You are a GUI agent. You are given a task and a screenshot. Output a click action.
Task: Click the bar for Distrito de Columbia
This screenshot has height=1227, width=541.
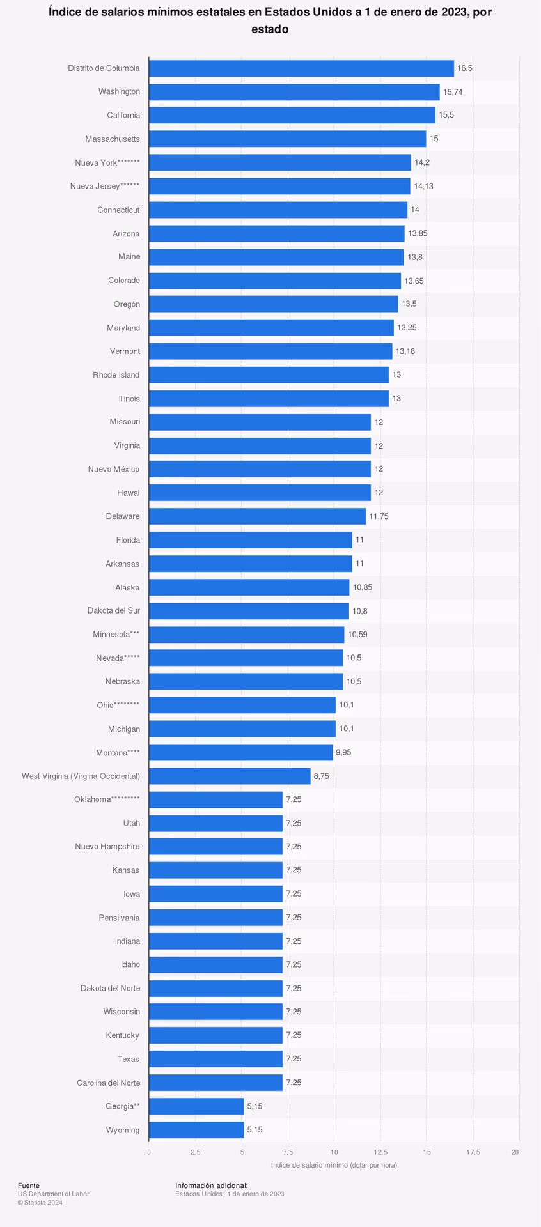[301, 68]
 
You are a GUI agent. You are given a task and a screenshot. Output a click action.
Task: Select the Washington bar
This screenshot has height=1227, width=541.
[294, 92]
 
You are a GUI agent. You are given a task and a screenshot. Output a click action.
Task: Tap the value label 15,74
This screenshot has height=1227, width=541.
[453, 92]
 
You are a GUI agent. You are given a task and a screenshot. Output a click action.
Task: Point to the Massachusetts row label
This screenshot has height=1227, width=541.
[113, 139]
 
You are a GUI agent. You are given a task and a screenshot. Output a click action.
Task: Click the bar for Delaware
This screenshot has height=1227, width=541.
[257, 516]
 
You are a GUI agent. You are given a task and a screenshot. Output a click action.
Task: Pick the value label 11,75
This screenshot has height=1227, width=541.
[379, 516]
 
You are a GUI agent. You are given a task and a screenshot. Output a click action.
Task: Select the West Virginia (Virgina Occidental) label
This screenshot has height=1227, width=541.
[81, 776]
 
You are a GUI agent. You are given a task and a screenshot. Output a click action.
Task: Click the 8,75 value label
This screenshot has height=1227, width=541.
[321, 776]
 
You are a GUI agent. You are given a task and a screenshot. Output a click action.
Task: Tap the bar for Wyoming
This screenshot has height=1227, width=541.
[196, 1130]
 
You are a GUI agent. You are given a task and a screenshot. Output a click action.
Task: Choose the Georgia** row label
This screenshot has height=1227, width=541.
[123, 1106]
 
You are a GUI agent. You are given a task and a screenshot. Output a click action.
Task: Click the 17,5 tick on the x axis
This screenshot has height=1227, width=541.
[473, 1152]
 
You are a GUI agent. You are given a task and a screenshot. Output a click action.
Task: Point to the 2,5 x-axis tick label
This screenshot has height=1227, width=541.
[195, 1152]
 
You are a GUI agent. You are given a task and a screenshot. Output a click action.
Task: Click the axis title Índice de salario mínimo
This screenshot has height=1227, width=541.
[334, 1165]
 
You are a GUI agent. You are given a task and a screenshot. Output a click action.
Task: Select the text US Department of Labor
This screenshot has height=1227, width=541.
[53, 1194]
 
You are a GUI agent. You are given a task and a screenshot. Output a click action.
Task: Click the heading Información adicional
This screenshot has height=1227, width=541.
[211, 1185]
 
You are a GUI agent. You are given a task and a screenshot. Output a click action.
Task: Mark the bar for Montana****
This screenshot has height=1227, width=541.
[240, 752]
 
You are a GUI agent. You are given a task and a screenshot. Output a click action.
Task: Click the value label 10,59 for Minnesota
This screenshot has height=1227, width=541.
[357, 635]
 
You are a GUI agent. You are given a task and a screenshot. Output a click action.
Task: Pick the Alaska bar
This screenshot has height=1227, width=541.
[249, 587]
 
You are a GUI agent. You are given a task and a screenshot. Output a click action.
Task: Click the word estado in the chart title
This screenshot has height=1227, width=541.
[270, 29]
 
